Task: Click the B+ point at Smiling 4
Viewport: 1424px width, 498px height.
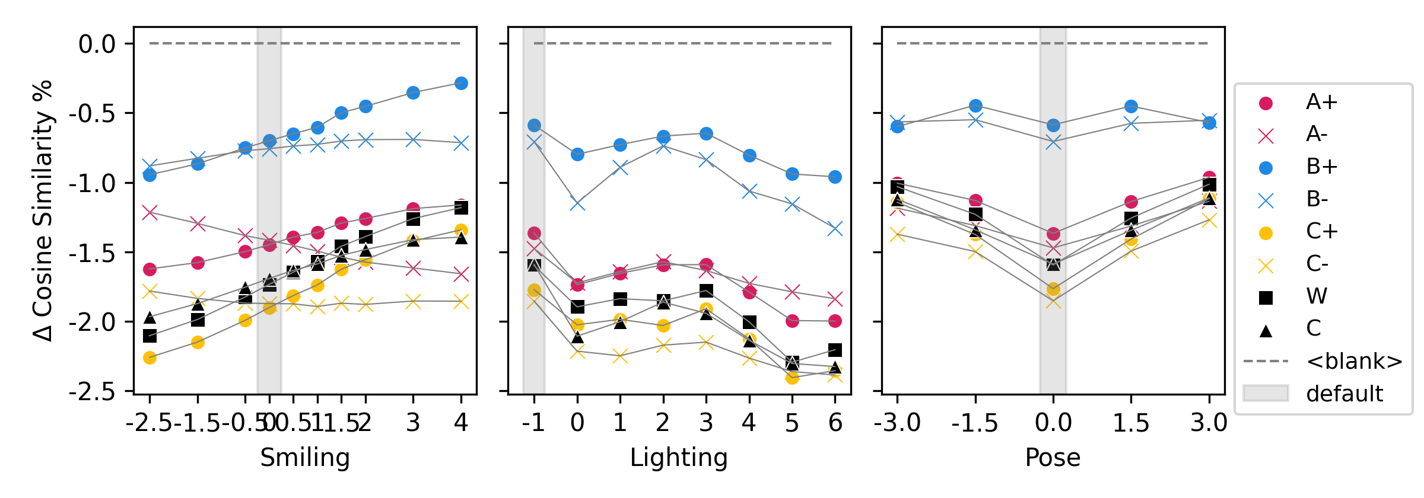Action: pyautogui.click(x=461, y=84)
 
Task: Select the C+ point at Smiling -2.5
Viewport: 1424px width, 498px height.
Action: pyautogui.click(x=150, y=357)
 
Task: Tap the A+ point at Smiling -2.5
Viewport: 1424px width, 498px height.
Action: pyautogui.click(x=150, y=269)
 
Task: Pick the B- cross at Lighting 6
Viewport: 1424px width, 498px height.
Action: pyautogui.click(x=835, y=229)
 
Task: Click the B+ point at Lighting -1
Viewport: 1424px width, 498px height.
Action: pyautogui.click(x=534, y=125)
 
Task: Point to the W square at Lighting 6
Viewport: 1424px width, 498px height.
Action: pyautogui.click(x=835, y=350)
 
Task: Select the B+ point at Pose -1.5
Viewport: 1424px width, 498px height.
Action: pyautogui.click(x=975, y=106)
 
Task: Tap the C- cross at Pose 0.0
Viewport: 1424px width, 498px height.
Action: pyautogui.click(x=1053, y=302)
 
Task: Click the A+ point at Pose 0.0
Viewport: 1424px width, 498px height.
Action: pyautogui.click(x=1053, y=234)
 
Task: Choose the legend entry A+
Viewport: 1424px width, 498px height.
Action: pyautogui.click(x=1321, y=103)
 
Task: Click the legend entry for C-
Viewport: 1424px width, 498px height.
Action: pyautogui.click(x=1317, y=264)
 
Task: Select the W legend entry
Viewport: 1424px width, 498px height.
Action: pyautogui.click(x=1317, y=296)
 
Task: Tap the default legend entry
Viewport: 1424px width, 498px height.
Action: pyautogui.click(x=1344, y=393)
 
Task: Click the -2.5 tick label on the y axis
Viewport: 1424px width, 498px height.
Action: pyautogui.click(x=92, y=392)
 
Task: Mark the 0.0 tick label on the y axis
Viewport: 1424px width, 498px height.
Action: pyautogui.click(x=97, y=44)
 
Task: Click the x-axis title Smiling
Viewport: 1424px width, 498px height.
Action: pyautogui.click(x=305, y=458)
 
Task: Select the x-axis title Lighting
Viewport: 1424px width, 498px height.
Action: pyautogui.click(x=679, y=458)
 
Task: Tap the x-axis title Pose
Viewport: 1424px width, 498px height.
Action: pyautogui.click(x=1053, y=458)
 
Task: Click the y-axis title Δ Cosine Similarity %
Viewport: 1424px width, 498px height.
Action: pyautogui.click(x=43, y=210)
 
